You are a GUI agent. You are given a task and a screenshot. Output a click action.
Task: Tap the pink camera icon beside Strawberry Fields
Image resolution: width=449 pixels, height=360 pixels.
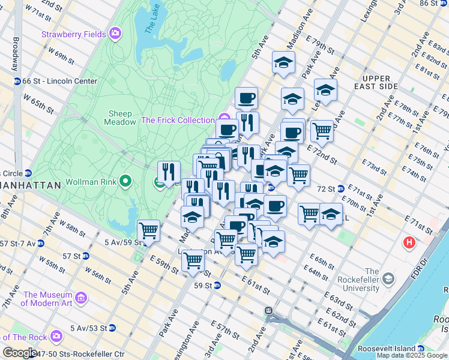(x=115, y=34)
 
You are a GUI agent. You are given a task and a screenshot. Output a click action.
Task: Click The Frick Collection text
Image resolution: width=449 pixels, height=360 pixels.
(x=178, y=120)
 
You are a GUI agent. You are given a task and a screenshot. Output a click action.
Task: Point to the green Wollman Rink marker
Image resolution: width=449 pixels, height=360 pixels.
(x=125, y=180)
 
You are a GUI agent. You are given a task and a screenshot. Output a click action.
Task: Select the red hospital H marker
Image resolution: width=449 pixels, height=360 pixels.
(x=409, y=243)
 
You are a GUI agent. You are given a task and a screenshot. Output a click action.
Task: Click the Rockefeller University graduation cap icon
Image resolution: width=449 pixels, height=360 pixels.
(x=388, y=279)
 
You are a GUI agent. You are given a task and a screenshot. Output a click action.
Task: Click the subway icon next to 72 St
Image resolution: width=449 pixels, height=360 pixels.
(x=340, y=189)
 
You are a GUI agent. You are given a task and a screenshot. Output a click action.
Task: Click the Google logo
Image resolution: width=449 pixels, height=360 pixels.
(x=20, y=353)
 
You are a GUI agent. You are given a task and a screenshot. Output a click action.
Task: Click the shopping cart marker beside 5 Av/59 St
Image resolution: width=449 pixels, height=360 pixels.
(x=148, y=230)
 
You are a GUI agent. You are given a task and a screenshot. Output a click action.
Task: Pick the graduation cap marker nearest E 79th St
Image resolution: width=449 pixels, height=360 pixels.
(x=283, y=62)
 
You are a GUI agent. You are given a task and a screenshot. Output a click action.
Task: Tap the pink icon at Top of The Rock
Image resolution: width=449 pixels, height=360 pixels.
(x=56, y=336)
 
